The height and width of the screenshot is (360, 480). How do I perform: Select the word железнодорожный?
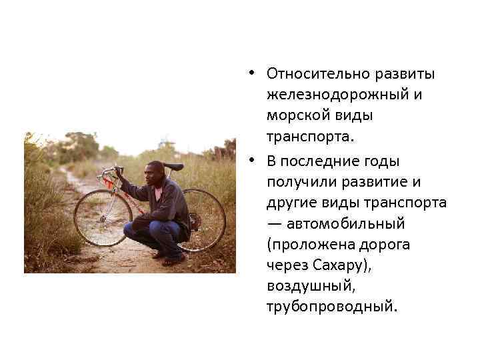(338, 95)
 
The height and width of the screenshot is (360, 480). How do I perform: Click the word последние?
(318, 161)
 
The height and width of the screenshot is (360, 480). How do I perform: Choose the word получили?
(298, 182)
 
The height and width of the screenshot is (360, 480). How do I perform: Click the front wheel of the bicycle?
(101, 218)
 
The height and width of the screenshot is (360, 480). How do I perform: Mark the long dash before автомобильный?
(275, 223)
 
